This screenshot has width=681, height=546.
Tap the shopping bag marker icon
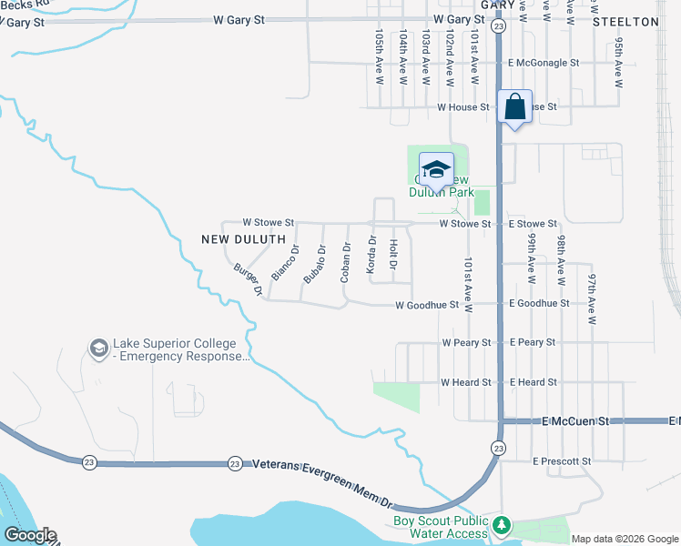click(x=514, y=106)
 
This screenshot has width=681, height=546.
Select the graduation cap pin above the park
click(x=436, y=169)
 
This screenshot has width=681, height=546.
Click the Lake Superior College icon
click(x=98, y=348)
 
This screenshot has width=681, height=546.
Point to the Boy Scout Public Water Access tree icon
click(x=501, y=527)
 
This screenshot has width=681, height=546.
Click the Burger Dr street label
click(x=248, y=279)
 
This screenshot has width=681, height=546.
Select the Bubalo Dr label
click(x=315, y=264)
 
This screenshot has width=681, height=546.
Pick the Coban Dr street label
click(x=345, y=262)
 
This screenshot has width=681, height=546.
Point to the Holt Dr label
click(x=393, y=254)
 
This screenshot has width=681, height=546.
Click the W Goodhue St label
click(x=426, y=306)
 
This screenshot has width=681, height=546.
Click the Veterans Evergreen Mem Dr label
click(x=321, y=482)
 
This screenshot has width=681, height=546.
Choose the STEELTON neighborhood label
click(x=625, y=21)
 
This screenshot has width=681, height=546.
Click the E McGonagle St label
click(x=543, y=63)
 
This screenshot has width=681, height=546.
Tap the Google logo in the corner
click(x=29, y=535)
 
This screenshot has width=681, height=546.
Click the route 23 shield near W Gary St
click(x=498, y=27)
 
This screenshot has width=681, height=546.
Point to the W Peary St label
click(x=466, y=343)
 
